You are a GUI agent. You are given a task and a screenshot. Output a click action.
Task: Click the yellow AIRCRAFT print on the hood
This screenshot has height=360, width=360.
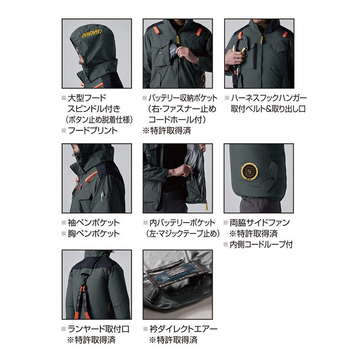coord(92,34)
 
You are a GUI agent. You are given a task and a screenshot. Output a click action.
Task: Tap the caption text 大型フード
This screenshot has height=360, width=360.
coord(87,98)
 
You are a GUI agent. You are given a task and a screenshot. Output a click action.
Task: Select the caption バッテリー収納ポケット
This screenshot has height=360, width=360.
coord(183,98)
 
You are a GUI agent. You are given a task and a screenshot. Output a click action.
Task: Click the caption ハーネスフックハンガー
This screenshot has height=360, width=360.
coord(269,98)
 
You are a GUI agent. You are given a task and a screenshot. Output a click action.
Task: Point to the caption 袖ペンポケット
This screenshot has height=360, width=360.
coord(94,222)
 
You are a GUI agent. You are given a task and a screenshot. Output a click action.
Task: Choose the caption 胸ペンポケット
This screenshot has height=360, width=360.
coord(94,234)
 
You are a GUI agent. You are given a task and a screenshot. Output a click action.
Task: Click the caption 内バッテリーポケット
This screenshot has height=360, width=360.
coord(183,222)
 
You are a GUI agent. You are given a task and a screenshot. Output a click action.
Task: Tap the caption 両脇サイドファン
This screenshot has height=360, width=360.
coord(260,222)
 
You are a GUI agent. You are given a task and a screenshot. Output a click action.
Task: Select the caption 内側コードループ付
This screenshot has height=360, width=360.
coord(261,244)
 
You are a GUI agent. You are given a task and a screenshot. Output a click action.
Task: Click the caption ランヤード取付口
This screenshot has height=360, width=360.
coord(99,329)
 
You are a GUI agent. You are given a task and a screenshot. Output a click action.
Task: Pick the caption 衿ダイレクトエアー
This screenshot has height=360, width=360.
coord(184,329)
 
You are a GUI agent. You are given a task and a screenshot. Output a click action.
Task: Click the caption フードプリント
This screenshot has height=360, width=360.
coord(93,130)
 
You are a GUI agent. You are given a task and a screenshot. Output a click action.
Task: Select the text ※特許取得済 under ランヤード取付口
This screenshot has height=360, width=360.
coord(91,340)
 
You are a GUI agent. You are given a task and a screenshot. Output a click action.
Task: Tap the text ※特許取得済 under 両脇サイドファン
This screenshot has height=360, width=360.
coord(253,234)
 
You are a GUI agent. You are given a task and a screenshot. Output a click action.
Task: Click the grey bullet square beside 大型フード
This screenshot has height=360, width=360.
coord(64,98)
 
